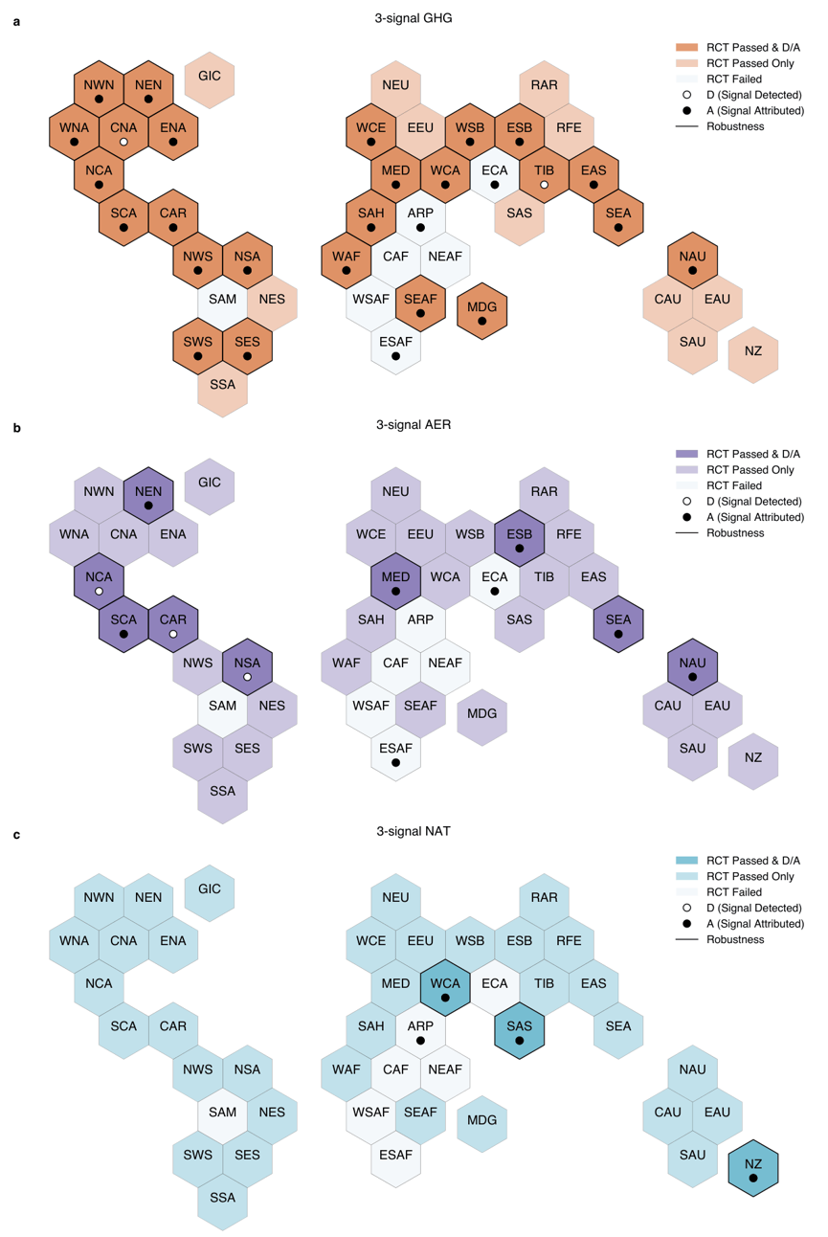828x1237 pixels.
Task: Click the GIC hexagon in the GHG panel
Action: point(210,80)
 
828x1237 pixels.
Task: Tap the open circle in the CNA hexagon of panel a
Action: point(123,142)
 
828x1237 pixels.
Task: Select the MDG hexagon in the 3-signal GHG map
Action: point(481,311)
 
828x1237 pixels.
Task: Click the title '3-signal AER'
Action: point(414,425)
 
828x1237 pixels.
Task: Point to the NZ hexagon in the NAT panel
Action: point(753,1168)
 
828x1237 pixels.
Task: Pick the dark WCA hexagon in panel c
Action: point(445,987)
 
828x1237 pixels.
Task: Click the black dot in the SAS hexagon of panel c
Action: point(520,1041)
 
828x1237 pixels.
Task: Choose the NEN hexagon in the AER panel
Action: point(148,495)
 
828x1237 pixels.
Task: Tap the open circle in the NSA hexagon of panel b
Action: point(247,677)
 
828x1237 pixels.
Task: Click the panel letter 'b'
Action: point(16,428)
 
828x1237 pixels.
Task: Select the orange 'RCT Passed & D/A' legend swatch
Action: point(686,48)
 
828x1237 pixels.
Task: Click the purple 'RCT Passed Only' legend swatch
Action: point(686,470)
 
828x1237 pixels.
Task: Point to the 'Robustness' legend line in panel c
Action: point(686,939)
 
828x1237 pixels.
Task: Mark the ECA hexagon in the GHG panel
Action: point(495,174)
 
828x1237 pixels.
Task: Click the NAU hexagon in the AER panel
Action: point(692,667)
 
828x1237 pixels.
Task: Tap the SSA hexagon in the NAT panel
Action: point(222,1202)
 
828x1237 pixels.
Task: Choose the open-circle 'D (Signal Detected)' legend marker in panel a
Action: point(686,95)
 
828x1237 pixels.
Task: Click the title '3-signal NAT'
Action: point(414,831)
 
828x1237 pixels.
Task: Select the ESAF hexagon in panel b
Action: point(395,753)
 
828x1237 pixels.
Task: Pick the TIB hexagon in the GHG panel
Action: point(544,174)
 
